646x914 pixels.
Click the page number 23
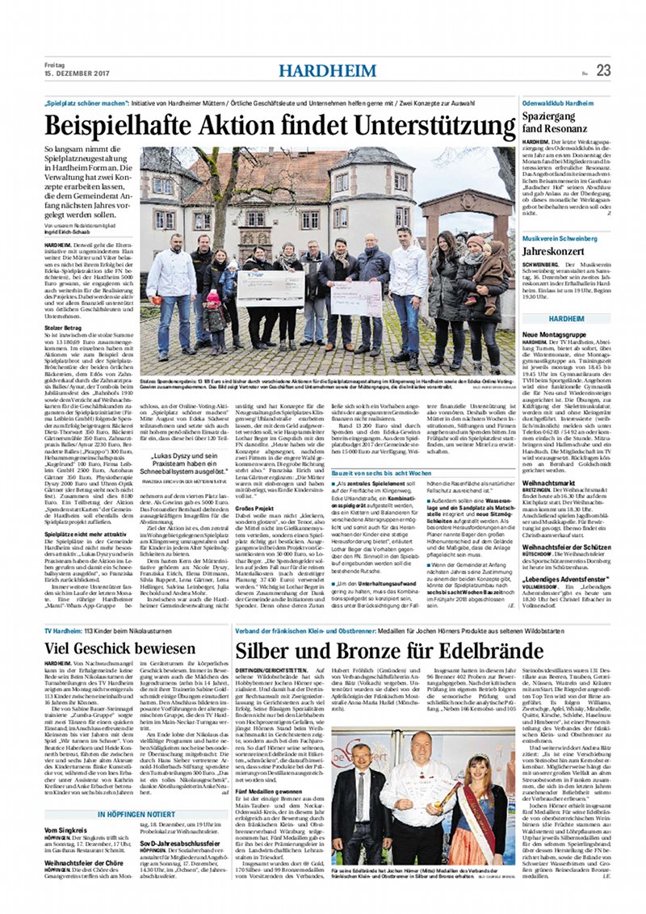(x=603, y=70)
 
